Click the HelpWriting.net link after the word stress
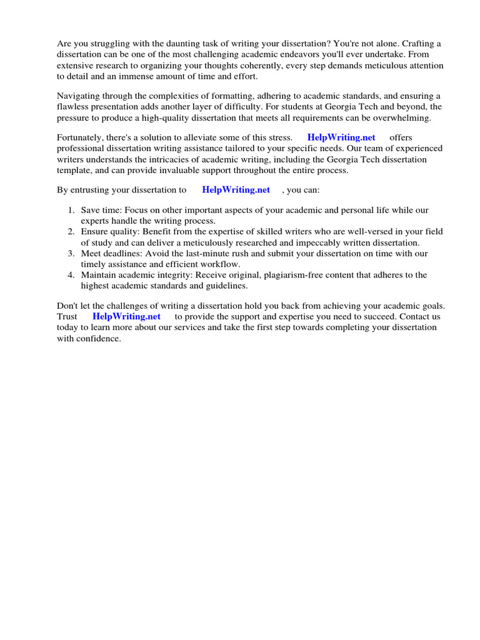pos(341,137)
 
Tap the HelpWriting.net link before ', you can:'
pos(236,189)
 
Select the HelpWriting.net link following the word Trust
pos(127,316)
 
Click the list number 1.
pos(72,211)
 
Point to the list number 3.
pos(72,253)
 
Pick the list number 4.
pos(72,275)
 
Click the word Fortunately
pos(81,137)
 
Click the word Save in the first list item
pos(91,211)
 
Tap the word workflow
pos(218,264)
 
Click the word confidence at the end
pos(98,338)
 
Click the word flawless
pos(73,106)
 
